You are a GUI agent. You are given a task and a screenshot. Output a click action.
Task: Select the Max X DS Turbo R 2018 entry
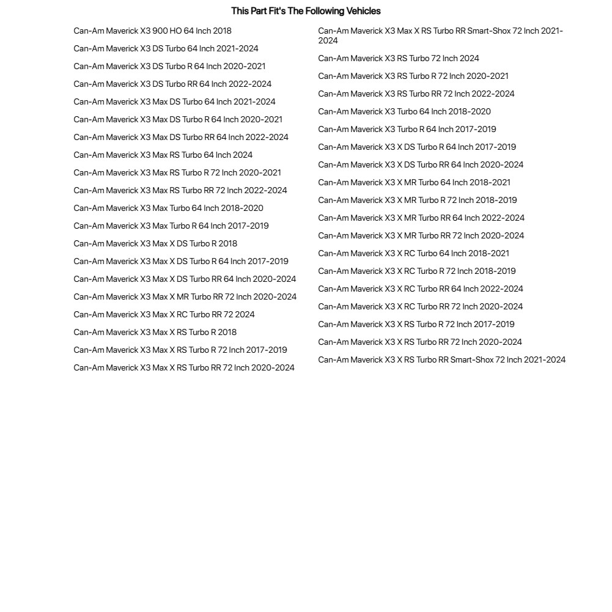pyautogui.click(x=155, y=243)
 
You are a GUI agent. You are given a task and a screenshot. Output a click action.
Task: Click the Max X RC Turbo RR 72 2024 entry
pyautogui.click(x=164, y=314)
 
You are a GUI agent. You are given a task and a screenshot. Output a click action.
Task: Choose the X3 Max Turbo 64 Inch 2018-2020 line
pyautogui.click(x=168, y=208)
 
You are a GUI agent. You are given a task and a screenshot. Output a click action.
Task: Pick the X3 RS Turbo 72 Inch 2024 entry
pyautogui.click(x=398, y=58)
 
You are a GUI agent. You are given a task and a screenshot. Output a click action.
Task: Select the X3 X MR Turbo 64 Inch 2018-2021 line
pyautogui.click(x=414, y=182)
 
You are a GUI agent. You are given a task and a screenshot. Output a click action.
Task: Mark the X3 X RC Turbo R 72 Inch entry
pyautogui.click(x=416, y=271)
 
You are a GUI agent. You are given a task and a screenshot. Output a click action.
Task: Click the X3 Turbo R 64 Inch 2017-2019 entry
pyautogui.click(x=407, y=129)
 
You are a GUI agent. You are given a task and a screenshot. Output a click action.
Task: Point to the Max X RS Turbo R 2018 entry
pyautogui.click(x=155, y=332)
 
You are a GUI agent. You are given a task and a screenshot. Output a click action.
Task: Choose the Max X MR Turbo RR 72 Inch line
pyautogui.click(x=185, y=297)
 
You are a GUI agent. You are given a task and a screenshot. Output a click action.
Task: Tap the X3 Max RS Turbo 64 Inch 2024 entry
pyautogui.click(x=163, y=155)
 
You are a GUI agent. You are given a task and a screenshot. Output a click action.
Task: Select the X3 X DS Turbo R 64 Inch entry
pyautogui.click(x=416, y=147)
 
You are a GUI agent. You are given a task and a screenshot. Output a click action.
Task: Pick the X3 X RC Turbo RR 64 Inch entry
pyautogui.click(x=420, y=289)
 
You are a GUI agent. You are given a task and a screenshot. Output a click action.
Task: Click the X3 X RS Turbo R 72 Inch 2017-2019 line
pyautogui.click(x=416, y=324)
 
